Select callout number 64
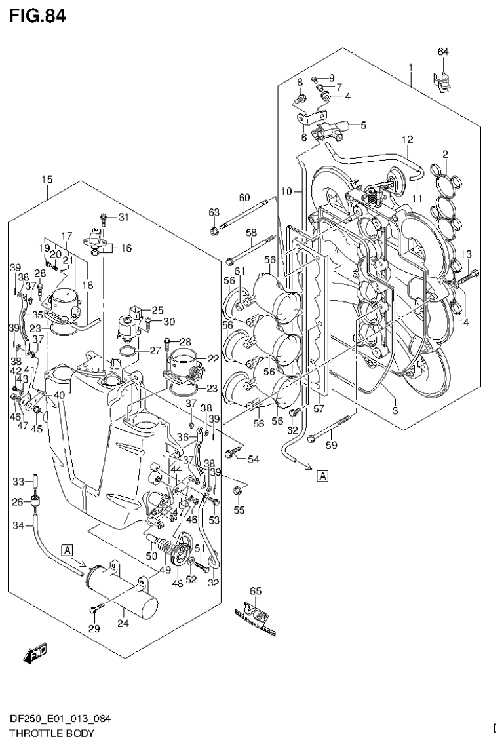tap(443, 52)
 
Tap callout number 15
tap(47, 179)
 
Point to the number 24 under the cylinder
tap(121, 623)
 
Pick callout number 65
tap(255, 592)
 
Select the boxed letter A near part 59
tap(323, 476)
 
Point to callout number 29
tap(94, 629)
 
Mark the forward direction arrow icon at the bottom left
tap(33, 653)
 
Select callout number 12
tap(407, 140)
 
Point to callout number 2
tap(445, 155)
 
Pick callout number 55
tap(239, 509)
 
